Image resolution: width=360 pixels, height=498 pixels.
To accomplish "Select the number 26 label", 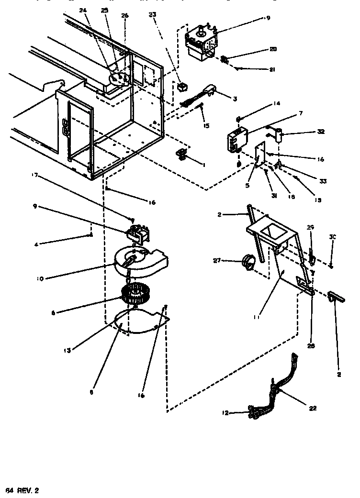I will (x=125, y=15).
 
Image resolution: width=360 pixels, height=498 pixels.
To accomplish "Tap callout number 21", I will (x=272, y=70).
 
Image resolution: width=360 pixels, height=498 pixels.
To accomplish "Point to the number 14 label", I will (x=277, y=104).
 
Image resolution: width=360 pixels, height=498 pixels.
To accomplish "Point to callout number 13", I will (x=67, y=351).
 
